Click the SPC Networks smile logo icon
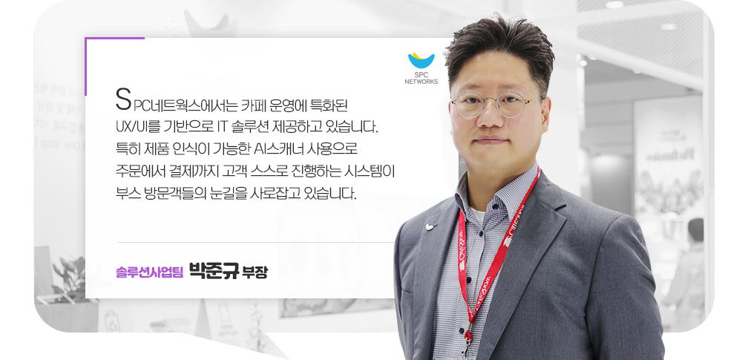point(421,60)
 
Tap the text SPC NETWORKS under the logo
point(421,78)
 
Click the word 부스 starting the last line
point(127,196)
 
